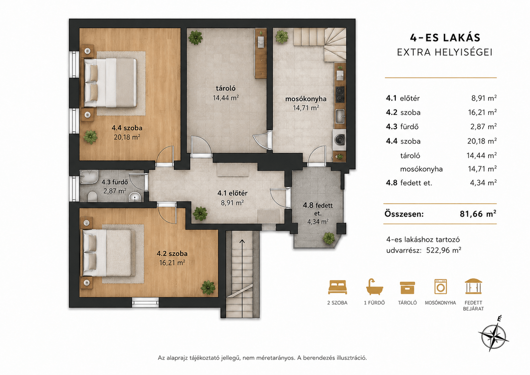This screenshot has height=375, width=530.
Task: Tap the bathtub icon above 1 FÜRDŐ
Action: coord(374,287)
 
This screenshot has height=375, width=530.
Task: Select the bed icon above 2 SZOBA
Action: coord(337,287)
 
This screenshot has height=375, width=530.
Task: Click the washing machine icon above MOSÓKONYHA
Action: coord(440,287)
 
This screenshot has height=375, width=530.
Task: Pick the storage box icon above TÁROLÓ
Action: coord(407,288)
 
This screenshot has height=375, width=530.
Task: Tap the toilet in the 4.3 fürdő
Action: coord(92,197)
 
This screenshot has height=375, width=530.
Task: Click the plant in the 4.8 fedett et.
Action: coord(329,238)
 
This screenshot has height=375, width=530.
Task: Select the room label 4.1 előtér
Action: coord(232,193)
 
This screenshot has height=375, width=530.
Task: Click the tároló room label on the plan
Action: coord(225,89)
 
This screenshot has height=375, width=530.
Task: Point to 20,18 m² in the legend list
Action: coord(482,141)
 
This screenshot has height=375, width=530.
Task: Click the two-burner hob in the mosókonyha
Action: coord(340,94)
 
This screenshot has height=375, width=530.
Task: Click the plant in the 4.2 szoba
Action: coord(208,288)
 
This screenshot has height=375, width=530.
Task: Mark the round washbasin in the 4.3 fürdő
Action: coord(135,197)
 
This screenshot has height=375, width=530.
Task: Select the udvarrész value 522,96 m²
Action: coord(444,250)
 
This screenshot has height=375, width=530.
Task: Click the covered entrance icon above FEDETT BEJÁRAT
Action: coord(473,286)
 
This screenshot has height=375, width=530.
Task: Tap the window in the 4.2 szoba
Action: coord(145,302)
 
